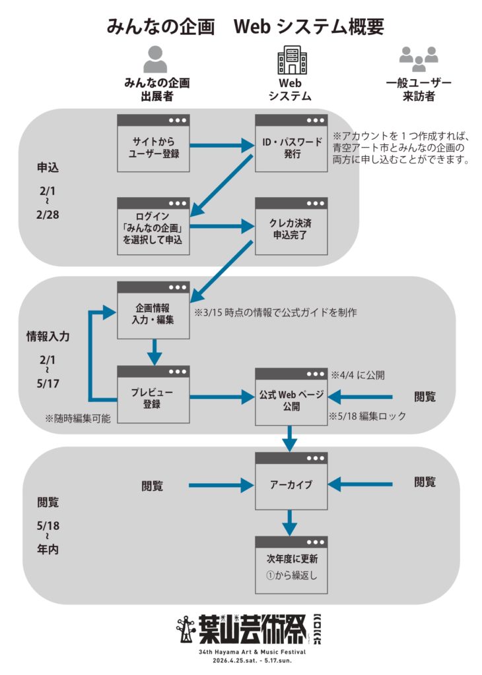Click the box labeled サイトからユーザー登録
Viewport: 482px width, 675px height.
[x=154, y=144]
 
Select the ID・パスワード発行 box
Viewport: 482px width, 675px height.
[x=291, y=144]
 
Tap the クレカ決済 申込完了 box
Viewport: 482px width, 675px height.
[x=291, y=227]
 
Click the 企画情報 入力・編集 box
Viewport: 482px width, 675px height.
[x=154, y=310]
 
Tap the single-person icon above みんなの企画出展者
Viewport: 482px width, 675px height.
[x=156, y=59]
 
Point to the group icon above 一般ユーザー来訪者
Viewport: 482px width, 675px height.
[x=419, y=59]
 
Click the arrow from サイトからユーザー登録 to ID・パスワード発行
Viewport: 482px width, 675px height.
[x=223, y=144]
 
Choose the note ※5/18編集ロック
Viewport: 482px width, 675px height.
[x=366, y=417]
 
